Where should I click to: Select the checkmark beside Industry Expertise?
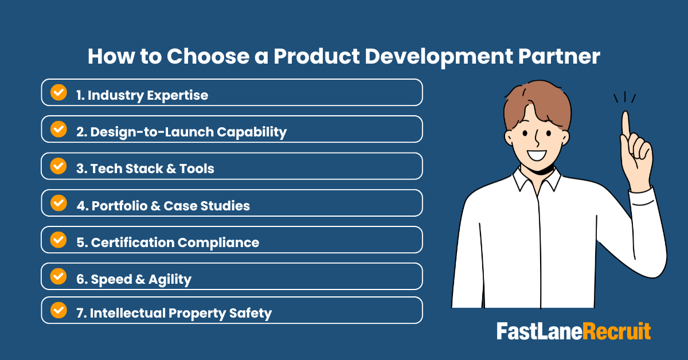[x=58, y=92]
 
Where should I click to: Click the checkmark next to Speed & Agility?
[x=58, y=276]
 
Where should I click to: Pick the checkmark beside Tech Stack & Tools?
[x=58, y=166]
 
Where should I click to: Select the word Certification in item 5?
[x=131, y=242]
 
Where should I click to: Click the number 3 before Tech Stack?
[x=80, y=169]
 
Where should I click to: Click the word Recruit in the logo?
[x=617, y=332]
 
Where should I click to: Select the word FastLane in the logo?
[x=539, y=332]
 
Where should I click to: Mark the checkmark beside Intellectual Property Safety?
[x=58, y=310]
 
